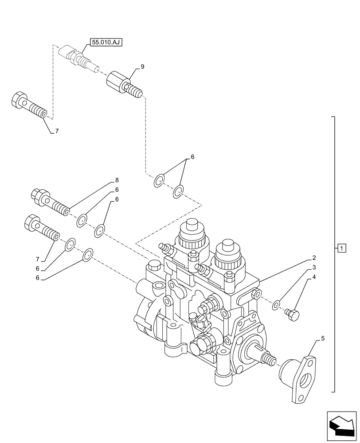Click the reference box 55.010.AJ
(x=106, y=43)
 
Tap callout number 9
(x=142, y=66)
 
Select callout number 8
(x=117, y=180)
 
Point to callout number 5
(x=323, y=339)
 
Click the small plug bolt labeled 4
(x=292, y=315)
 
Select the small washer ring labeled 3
(x=276, y=305)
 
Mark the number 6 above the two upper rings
(x=192, y=157)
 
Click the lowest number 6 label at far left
(x=38, y=278)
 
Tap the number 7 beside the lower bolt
(x=38, y=259)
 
